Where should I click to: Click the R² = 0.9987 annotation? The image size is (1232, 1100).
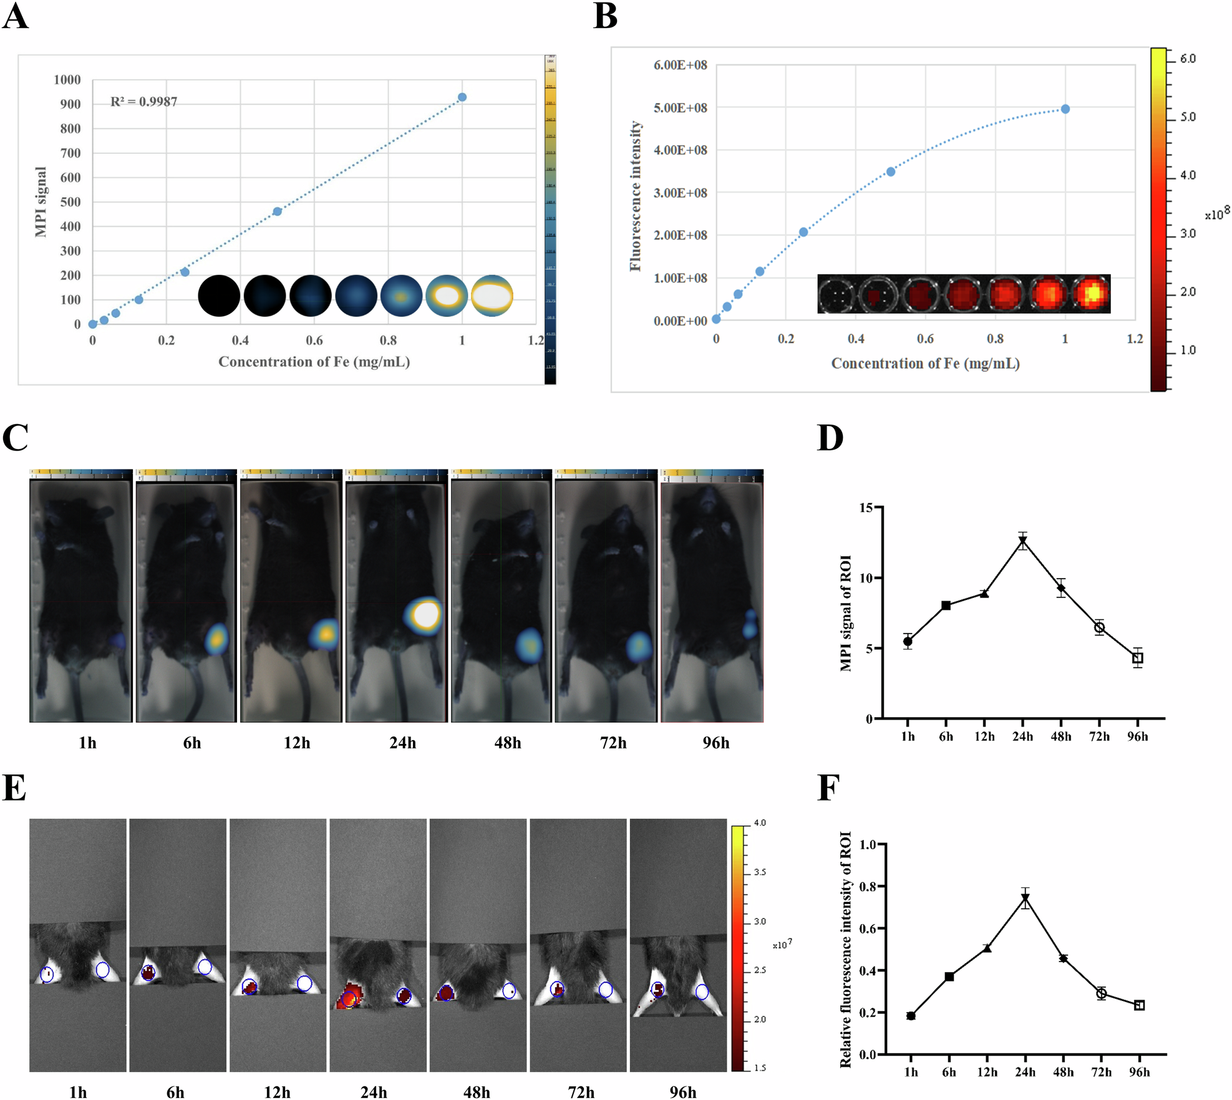[x=143, y=102]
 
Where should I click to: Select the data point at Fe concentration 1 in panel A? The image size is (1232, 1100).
[x=462, y=97]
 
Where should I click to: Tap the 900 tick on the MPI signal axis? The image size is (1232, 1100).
[x=70, y=104]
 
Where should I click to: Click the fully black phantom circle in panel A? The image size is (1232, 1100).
[x=219, y=296]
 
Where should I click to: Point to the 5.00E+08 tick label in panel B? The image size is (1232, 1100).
[x=680, y=108]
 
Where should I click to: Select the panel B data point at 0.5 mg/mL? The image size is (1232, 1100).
[x=891, y=171]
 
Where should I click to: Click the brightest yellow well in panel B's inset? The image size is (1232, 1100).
[x=1092, y=293]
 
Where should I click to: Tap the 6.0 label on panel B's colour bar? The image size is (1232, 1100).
[x=1188, y=59]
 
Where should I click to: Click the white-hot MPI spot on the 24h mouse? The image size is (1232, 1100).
[x=427, y=615]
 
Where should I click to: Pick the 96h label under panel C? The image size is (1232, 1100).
[x=715, y=743]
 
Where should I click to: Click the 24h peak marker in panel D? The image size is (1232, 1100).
[x=1023, y=541]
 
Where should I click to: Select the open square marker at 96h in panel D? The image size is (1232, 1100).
[x=1138, y=658]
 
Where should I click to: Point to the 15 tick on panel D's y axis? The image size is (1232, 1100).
[x=866, y=508]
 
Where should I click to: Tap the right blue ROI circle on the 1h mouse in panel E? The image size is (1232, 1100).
[x=103, y=970]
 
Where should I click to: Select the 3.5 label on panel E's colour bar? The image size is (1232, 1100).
[x=760, y=872]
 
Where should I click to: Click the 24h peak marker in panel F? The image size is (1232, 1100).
[x=1025, y=899]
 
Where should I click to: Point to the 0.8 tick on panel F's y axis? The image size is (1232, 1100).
[x=868, y=886]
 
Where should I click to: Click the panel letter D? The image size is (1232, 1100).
[x=830, y=438]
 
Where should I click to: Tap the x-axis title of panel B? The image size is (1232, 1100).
[x=925, y=364]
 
